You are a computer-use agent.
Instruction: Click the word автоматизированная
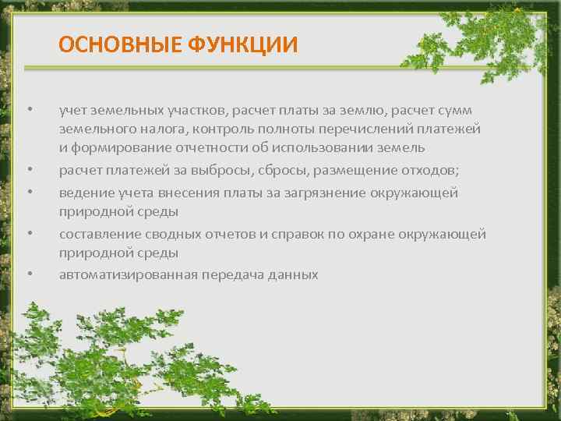(x=129, y=274)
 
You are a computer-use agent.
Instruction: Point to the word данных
(x=291, y=274)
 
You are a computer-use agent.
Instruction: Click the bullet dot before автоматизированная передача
(x=28, y=274)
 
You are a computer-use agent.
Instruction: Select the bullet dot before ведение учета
(x=28, y=191)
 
